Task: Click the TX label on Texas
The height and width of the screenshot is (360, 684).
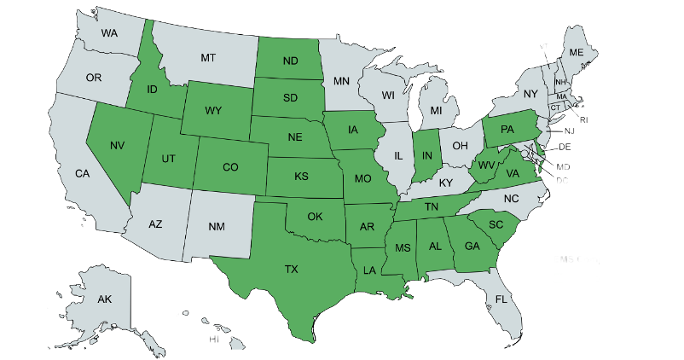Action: (291, 269)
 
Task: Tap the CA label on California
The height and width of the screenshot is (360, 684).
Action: (82, 173)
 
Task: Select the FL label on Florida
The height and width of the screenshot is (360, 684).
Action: (501, 300)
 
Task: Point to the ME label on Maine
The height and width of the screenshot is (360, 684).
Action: (577, 53)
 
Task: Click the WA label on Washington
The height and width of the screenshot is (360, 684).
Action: (109, 33)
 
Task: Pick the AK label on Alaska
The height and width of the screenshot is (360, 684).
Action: (104, 299)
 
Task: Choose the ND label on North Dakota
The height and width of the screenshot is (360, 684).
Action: (290, 61)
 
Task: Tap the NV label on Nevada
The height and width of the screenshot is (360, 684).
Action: (118, 145)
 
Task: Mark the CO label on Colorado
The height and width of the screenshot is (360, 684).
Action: (230, 167)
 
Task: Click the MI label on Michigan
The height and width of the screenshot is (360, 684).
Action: (436, 112)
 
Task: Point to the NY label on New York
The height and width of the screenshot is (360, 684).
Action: (530, 94)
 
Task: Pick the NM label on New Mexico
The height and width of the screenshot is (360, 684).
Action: (217, 228)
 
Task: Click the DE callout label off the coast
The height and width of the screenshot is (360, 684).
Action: (567, 147)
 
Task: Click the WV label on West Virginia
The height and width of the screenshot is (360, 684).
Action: (487, 165)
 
